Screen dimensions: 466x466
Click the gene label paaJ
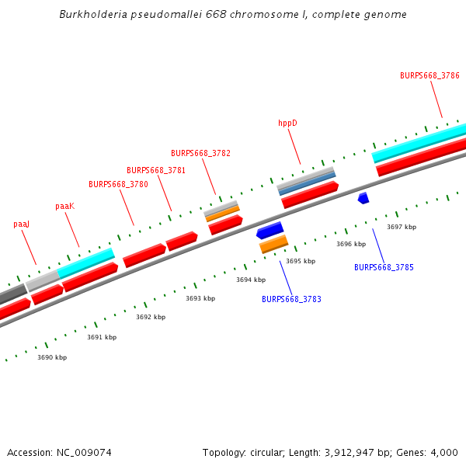click(x=22, y=224)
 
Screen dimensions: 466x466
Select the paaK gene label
click(x=65, y=206)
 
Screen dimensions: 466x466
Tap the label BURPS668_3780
click(x=118, y=184)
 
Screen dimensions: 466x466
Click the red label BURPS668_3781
click(x=156, y=170)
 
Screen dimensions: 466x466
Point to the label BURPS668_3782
click(x=200, y=153)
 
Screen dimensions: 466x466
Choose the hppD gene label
click(x=287, y=123)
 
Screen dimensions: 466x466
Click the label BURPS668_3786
click(x=429, y=75)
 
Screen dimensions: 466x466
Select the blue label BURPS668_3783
click(x=291, y=299)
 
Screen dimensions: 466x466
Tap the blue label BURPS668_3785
click(x=384, y=267)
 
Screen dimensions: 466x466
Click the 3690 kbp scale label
click(x=52, y=357)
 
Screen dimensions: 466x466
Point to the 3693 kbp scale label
click(x=200, y=298)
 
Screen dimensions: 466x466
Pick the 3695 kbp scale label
click(x=301, y=261)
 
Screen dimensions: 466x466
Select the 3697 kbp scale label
click(x=402, y=227)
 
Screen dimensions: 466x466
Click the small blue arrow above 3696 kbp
click(x=363, y=198)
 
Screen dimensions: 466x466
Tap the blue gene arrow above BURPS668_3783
click(x=270, y=231)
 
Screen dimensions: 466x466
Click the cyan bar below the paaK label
click(x=86, y=263)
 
